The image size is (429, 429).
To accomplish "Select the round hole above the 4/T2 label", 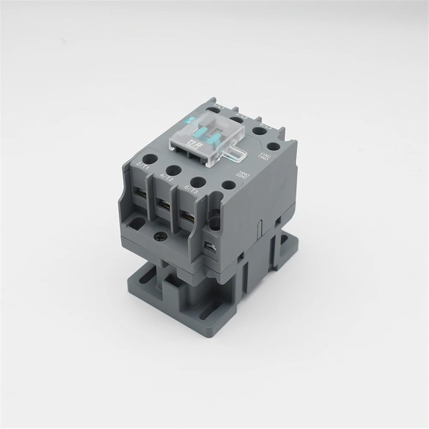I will [174, 170].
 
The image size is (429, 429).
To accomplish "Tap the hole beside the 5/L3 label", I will [259, 131].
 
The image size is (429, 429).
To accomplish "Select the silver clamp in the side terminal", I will [211, 247].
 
